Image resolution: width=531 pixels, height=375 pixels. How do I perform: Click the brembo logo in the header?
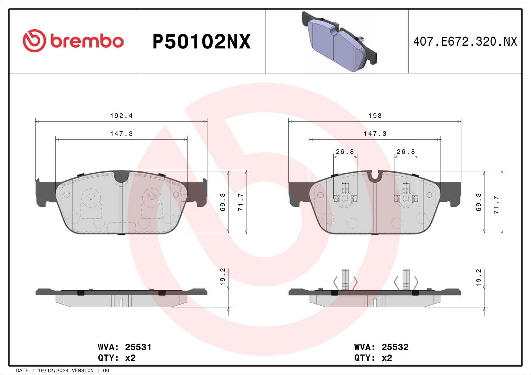tap(73, 41)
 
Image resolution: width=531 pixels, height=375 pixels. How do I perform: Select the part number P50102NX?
tap(201, 42)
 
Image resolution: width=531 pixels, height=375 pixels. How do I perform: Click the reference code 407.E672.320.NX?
tap(465, 42)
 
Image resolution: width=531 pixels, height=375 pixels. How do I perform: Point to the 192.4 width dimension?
tap(121, 116)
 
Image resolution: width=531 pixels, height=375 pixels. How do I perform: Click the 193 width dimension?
tap(375, 116)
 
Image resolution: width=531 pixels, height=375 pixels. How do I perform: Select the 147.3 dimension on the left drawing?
tap(121, 134)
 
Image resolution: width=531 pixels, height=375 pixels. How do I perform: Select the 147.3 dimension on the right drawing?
tap(375, 134)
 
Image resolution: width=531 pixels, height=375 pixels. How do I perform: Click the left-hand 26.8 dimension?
tap(345, 152)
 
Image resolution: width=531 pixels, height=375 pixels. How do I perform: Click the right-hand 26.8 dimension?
tap(406, 152)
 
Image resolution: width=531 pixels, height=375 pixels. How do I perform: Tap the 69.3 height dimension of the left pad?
tap(223, 202)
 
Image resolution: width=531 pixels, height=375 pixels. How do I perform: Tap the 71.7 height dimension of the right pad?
tap(496, 204)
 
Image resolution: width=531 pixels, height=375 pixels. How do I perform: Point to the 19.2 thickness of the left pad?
tap(223, 277)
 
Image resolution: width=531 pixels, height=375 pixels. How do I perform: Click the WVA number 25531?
tap(138, 347)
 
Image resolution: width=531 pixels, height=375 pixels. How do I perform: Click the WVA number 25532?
tap(395, 347)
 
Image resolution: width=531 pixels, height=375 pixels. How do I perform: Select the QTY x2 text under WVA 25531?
tap(117, 358)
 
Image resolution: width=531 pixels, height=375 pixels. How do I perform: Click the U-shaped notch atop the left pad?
tap(121, 176)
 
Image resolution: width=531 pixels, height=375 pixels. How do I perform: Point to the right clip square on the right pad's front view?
tap(406, 198)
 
